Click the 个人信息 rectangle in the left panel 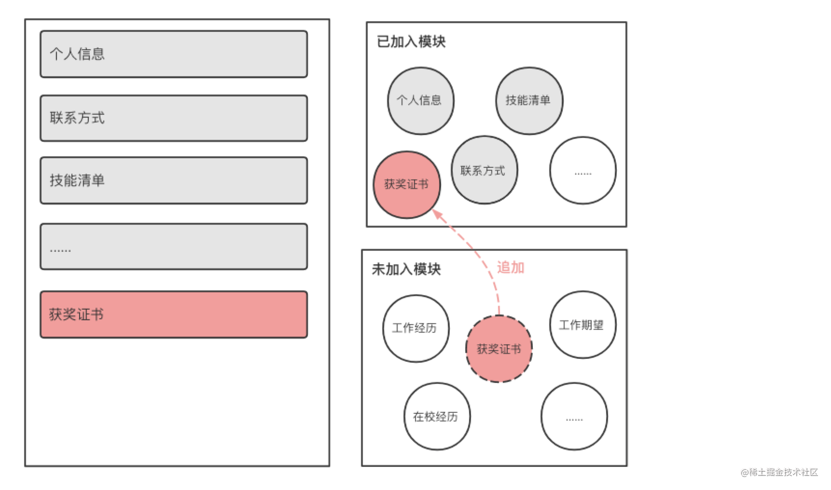point(174,54)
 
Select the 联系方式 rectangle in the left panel point(174,118)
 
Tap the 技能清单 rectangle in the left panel point(174,180)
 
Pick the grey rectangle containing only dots point(174,246)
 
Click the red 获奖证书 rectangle point(174,314)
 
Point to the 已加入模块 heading point(411,41)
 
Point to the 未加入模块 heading point(406,269)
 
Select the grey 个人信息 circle point(421,101)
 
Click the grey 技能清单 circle point(529,101)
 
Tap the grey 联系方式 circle point(485,170)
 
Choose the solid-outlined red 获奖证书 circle point(407,185)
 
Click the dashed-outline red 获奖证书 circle point(499,349)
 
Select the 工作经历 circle point(416,328)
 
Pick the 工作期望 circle point(583,325)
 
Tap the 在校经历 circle point(437,417)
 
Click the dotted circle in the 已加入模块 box point(583,170)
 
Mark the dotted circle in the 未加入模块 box point(574,417)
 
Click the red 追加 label point(511,267)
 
